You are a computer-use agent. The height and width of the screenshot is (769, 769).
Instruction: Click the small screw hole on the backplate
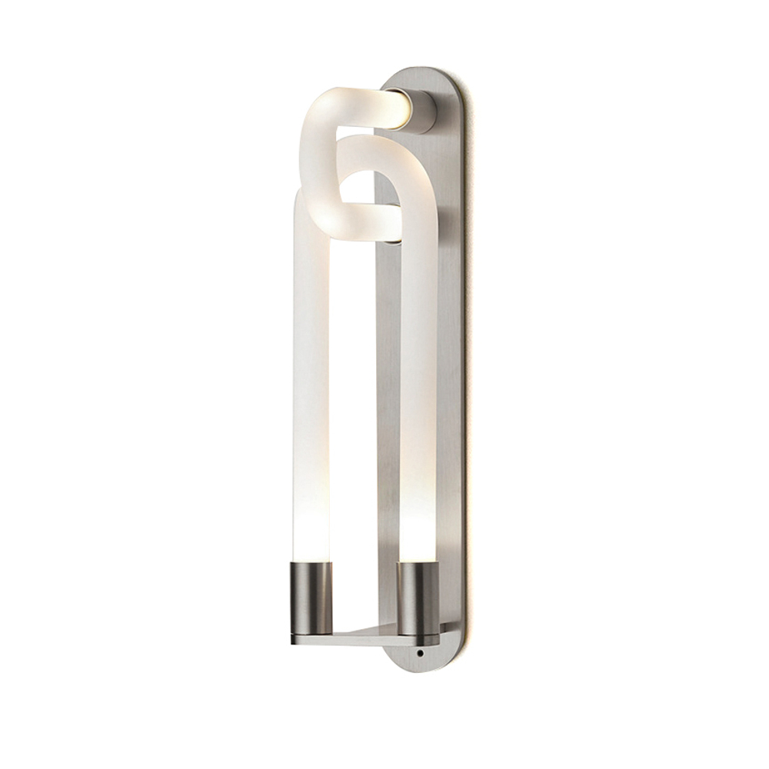tap(419, 653)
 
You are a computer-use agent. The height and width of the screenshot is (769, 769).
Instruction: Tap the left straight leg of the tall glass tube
tap(311, 369)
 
